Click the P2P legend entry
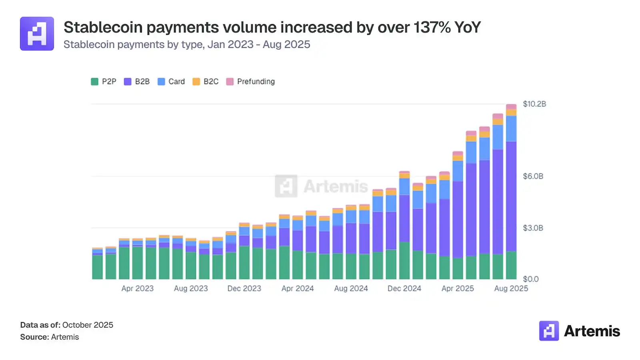[x=104, y=82]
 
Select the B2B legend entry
[x=137, y=82]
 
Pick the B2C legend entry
[x=206, y=82]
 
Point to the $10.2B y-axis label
[x=534, y=104]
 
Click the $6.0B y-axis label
[x=533, y=176]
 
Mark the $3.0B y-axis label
[x=533, y=228]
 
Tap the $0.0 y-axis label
[x=531, y=279]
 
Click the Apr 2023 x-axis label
[x=138, y=288]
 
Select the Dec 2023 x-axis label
[x=244, y=288]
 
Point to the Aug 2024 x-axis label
[x=351, y=288]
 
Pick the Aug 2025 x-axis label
[x=511, y=288]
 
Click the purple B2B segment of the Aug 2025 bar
[x=511, y=196]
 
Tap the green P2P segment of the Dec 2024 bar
[x=404, y=260]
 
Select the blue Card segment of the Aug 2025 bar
[x=511, y=128]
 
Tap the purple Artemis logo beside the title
[x=37, y=34]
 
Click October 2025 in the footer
[x=88, y=325]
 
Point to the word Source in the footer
[x=34, y=337]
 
